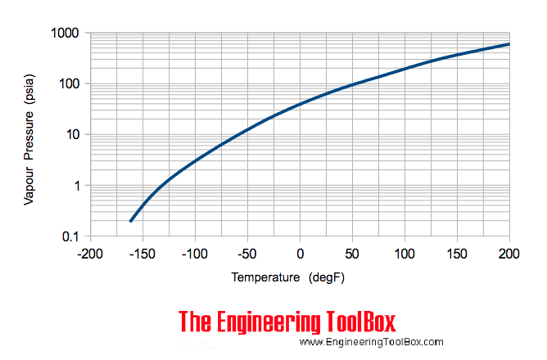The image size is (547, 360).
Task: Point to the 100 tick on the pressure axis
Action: coord(66,84)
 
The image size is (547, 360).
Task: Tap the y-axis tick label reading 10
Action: coord(70,135)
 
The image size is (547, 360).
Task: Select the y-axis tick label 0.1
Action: coord(67,236)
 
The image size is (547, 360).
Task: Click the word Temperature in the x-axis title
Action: coord(265,277)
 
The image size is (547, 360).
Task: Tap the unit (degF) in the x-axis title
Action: coord(328,277)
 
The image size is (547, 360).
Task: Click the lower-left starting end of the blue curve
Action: coord(131,221)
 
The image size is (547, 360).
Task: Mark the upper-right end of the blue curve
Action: coord(509,44)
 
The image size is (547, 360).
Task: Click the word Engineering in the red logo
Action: coord(278,322)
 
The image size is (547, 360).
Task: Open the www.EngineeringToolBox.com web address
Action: coord(371,343)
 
